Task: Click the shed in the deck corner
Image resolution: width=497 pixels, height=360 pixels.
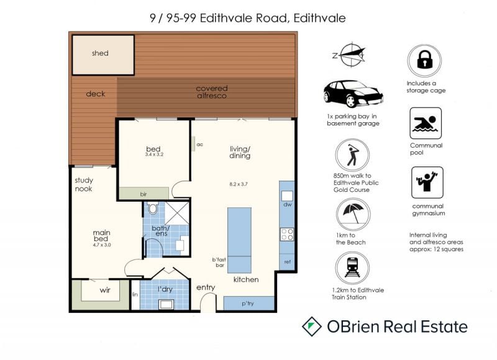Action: tap(103, 55)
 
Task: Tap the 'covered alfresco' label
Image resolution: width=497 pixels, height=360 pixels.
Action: tap(212, 92)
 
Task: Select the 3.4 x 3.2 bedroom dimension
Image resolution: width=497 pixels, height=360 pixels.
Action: tap(154, 155)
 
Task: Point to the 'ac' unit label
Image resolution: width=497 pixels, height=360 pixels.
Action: tap(199, 145)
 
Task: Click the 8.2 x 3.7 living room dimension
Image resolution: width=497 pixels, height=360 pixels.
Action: tap(239, 184)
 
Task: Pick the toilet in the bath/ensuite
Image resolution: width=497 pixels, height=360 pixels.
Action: tap(153, 207)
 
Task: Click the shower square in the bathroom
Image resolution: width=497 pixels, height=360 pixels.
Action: tap(176, 213)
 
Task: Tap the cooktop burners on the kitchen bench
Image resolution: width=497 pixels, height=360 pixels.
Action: tap(287, 234)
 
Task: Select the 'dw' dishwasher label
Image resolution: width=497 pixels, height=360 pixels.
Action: tap(288, 205)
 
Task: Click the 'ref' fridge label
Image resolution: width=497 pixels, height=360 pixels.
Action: tap(288, 262)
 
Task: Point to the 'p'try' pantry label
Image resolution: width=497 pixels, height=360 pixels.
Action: tap(248, 304)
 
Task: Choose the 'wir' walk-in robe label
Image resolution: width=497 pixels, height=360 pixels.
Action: tap(105, 290)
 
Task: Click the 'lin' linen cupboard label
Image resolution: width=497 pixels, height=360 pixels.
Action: tap(135, 294)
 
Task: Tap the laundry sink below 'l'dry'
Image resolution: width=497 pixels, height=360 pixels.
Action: tap(166, 304)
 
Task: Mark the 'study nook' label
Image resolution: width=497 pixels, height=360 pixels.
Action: tap(84, 184)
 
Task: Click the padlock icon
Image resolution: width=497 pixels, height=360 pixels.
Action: tap(425, 60)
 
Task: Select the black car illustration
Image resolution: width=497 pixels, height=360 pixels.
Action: tap(353, 94)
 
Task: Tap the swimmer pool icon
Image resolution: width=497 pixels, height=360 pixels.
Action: tap(426, 123)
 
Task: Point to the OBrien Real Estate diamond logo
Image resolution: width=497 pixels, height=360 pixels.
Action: tap(312, 326)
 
